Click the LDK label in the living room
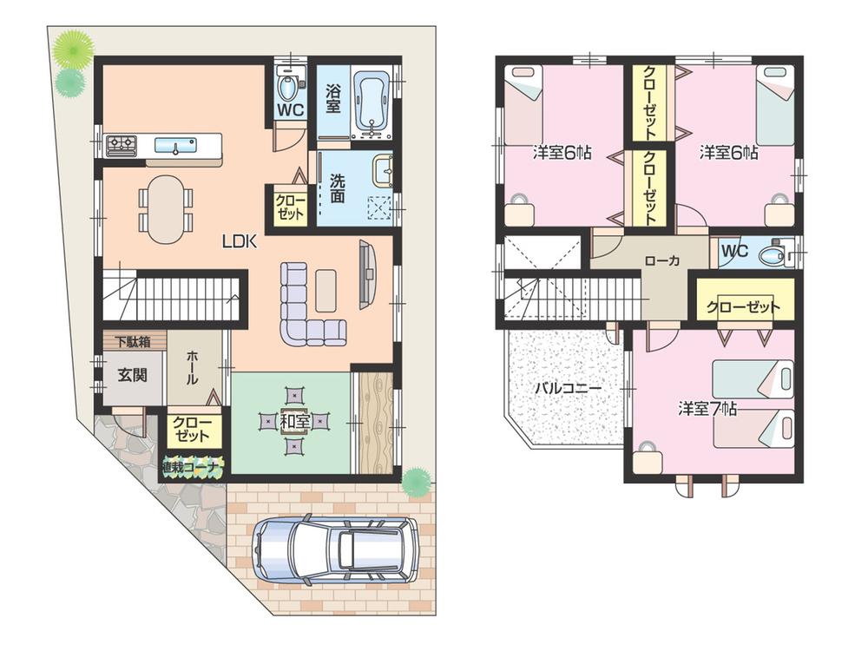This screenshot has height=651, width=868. pos(239,243)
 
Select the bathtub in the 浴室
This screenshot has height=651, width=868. pos(371,102)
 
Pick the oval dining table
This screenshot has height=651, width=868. pos(165,209)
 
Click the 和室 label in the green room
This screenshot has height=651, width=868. pos(296,422)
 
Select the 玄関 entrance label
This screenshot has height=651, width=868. pos(132,377)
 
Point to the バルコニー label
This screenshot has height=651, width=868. pos(568,388)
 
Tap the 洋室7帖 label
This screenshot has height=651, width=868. pos(707,408)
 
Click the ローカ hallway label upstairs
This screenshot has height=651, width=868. pos(661,260)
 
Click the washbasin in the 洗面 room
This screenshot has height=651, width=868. pos(383,170)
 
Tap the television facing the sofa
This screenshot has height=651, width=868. pos(367,274)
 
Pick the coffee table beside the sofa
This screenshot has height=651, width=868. pos(325,291)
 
